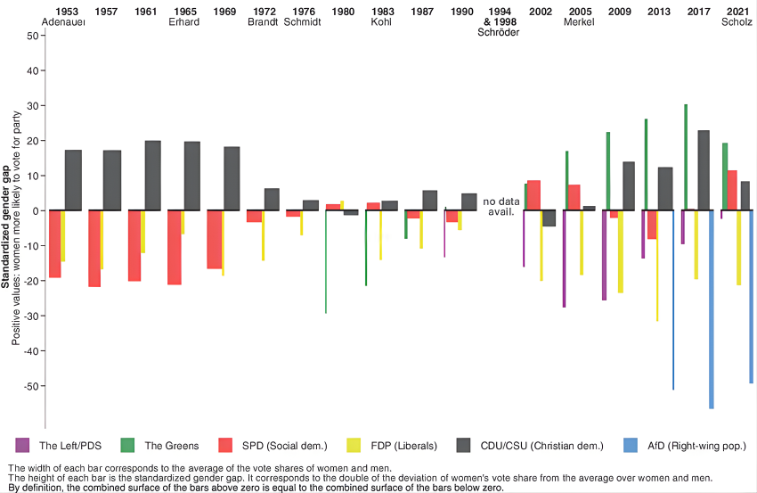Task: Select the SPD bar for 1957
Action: point(94,249)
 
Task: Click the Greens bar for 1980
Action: point(326,262)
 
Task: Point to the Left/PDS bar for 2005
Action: point(564,259)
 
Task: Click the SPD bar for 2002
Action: point(533,195)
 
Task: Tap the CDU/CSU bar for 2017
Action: point(704,170)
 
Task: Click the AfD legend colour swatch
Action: point(628,445)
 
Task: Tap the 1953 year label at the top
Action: point(66,12)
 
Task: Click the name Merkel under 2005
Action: point(579,22)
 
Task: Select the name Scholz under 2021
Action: point(737,22)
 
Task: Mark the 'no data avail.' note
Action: point(501,207)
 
